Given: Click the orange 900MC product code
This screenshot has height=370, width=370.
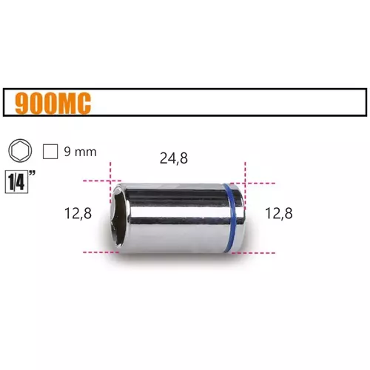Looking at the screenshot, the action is [x=53, y=104].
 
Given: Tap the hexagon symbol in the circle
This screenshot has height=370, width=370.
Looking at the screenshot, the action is [x=20, y=151].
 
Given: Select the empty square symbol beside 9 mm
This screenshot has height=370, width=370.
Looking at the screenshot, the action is [x=50, y=152].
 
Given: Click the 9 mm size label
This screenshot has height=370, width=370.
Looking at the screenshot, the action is [x=80, y=152].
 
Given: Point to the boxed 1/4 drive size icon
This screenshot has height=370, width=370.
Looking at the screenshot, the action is [x=16, y=183].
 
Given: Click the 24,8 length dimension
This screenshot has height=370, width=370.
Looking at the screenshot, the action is [x=174, y=158].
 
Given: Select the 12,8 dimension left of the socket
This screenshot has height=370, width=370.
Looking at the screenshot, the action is [x=78, y=213].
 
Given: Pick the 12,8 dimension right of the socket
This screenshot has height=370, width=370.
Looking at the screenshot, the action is [x=279, y=213].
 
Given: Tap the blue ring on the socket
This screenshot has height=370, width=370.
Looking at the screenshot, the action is [x=232, y=218].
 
